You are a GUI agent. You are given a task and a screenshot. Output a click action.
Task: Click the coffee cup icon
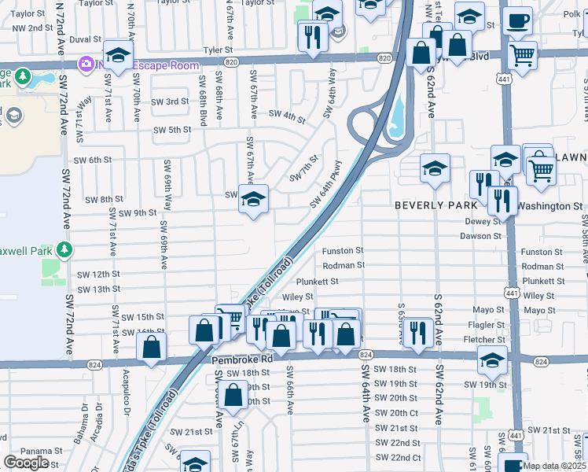(x=517, y=21)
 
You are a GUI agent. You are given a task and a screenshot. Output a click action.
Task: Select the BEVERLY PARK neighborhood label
(x=435, y=205)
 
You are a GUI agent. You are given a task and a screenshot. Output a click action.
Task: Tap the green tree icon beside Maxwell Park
(x=63, y=250)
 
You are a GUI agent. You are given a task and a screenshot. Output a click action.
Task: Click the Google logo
(x=26, y=463)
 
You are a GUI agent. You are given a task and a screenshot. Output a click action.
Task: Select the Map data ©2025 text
(x=555, y=466)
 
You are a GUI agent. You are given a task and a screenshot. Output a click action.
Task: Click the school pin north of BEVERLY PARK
(x=435, y=168)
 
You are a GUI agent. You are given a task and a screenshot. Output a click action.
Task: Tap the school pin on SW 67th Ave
(x=253, y=201)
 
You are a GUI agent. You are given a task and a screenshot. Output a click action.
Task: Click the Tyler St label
(x=218, y=49)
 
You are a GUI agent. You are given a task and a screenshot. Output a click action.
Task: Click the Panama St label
(x=14, y=450)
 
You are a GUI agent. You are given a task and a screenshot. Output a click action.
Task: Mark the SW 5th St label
(x=172, y=130)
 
